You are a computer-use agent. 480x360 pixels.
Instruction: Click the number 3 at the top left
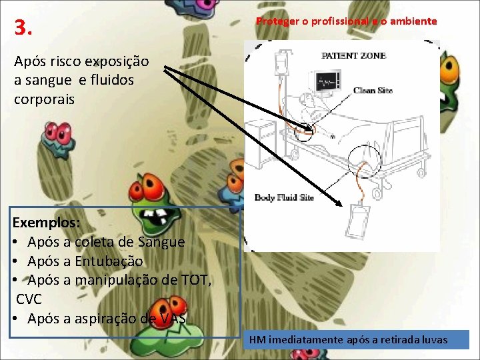tap(23, 29)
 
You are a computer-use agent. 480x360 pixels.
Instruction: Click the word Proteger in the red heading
tap(277, 21)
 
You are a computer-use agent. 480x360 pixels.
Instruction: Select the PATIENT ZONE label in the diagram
tap(353, 56)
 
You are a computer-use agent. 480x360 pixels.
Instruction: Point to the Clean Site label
tap(373, 91)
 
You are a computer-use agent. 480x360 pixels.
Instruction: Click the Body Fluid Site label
tap(284, 197)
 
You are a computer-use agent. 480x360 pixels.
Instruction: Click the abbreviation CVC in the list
tap(29, 299)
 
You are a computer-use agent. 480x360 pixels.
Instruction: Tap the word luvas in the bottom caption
tap(434, 341)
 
